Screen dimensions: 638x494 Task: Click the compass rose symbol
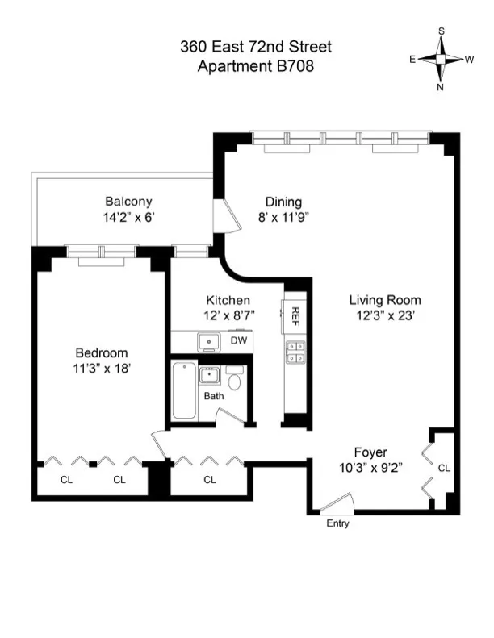click(442, 59)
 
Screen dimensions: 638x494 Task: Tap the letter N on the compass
click(441, 87)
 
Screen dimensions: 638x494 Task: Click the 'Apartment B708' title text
click(255, 66)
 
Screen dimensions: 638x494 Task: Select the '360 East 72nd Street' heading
click(255, 48)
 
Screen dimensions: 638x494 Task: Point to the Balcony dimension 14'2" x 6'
click(128, 216)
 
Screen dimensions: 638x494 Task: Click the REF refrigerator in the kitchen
click(295, 316)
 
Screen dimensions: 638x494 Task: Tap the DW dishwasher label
click(238, 341)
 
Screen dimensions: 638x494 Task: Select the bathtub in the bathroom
click(184, 392)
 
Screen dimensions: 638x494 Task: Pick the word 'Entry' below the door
click(338, 524)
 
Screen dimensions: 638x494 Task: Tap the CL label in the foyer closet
click(443, 468)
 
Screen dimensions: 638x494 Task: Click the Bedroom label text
click(102, 353)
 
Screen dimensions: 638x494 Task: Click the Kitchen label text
click(228, 299)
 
